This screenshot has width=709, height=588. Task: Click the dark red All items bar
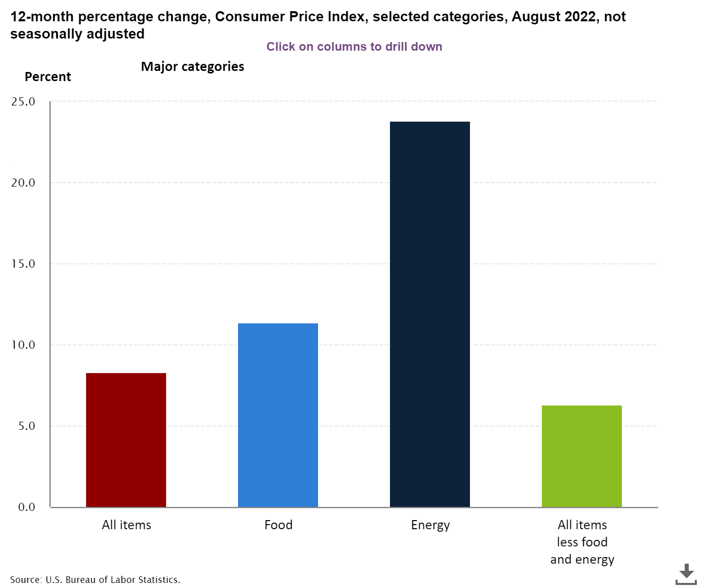[126, 440]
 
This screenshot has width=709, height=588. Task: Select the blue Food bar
[278, 415]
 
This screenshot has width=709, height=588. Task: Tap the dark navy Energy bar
[430, 314]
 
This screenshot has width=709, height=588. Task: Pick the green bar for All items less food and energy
[582, 456]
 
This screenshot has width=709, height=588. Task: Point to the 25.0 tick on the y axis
[23, 101]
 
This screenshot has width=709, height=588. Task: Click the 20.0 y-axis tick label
[23, 183]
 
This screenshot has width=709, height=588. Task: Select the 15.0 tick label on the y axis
[23, 264]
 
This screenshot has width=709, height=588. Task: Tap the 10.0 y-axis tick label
[23, 345]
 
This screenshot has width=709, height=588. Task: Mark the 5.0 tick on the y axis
[27, 426]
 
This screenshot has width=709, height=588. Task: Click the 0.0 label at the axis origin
[27, 507]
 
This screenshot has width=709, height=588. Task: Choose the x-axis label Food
[279, 525]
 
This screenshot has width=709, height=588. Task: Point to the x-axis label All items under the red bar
[126, 525]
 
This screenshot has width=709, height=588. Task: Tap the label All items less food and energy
[582, 542]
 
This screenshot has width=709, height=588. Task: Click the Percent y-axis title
[48, 77]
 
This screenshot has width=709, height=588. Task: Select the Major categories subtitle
[192, 66]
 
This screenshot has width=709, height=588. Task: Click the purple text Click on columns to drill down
[354, 47]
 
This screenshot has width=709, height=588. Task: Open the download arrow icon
[686, 574]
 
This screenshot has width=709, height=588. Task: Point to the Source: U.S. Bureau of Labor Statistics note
[95, 579]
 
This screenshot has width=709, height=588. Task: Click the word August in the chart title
[536, 17]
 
